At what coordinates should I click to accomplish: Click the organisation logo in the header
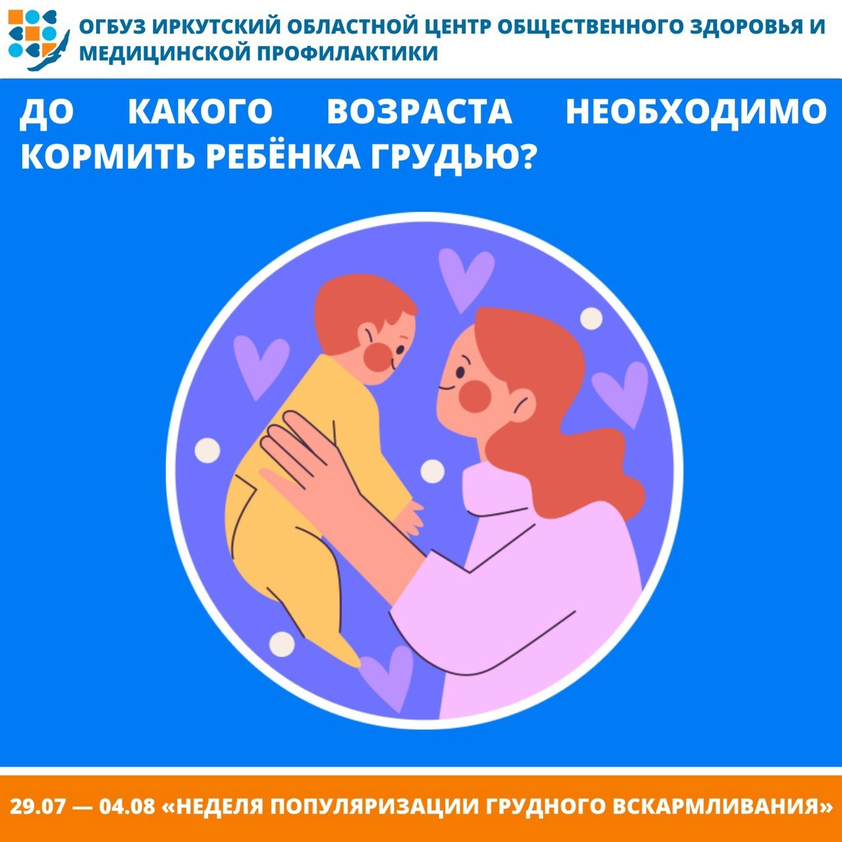[38, 40]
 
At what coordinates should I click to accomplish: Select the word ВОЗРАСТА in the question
[420, 112]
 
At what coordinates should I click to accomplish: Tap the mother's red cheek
[476, 396]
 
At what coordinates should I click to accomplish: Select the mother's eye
[460, 372]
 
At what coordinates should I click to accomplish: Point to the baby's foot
[345, 654]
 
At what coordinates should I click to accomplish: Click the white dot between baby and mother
[432, 472]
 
